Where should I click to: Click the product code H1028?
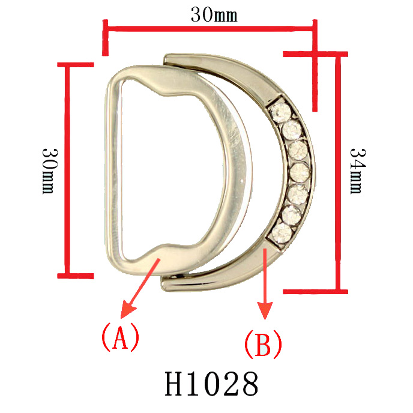pos(211,384)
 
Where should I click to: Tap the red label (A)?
pos(120,337)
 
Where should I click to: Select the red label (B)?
pos(262,345)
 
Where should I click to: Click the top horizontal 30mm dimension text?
pos(214,15)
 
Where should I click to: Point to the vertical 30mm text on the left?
pos(49,170)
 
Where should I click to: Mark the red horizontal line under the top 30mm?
pos(210,27)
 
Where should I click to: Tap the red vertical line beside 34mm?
pos(339,173)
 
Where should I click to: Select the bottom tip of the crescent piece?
pos(166,280)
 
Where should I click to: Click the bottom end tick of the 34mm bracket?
pos(315,292)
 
